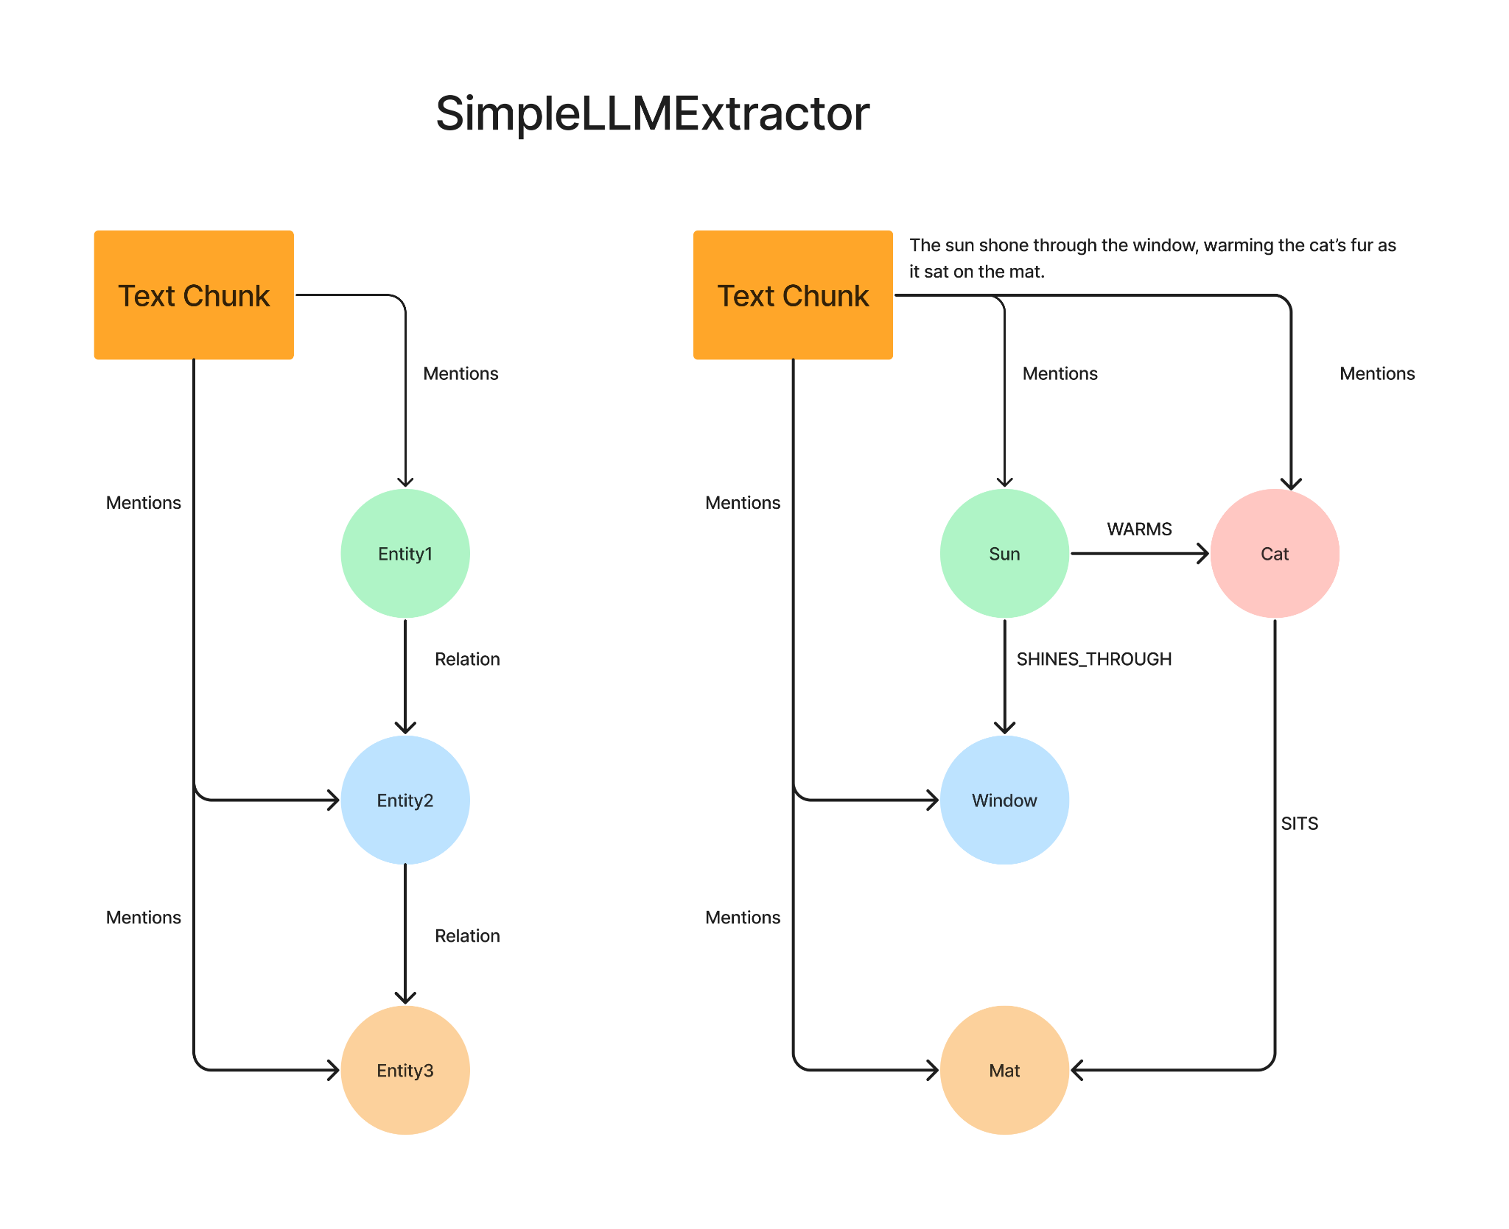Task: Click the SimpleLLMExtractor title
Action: pos(652,114)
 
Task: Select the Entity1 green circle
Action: pos(405,554)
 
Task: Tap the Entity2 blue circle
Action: pos(405,800)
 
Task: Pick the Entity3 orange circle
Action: pos(405,1070)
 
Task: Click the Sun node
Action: pos(1004,554)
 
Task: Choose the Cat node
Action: pos(1275,554)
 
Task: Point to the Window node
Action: pos(1004,800)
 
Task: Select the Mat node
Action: pos(1004,1070)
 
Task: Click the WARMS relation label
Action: pos(1139,529)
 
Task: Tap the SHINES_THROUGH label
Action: pos(1094,659)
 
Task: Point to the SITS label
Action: pos(1300,823)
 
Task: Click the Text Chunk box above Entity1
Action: pos(194,295)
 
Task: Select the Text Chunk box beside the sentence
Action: pos(793,295)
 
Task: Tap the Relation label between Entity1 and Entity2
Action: pos(467,659)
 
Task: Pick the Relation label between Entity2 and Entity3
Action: pos(467,936)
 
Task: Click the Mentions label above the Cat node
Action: pos(1377,373)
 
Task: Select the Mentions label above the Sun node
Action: pos(1060,373)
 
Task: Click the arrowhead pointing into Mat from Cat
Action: pos(1076,1070)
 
